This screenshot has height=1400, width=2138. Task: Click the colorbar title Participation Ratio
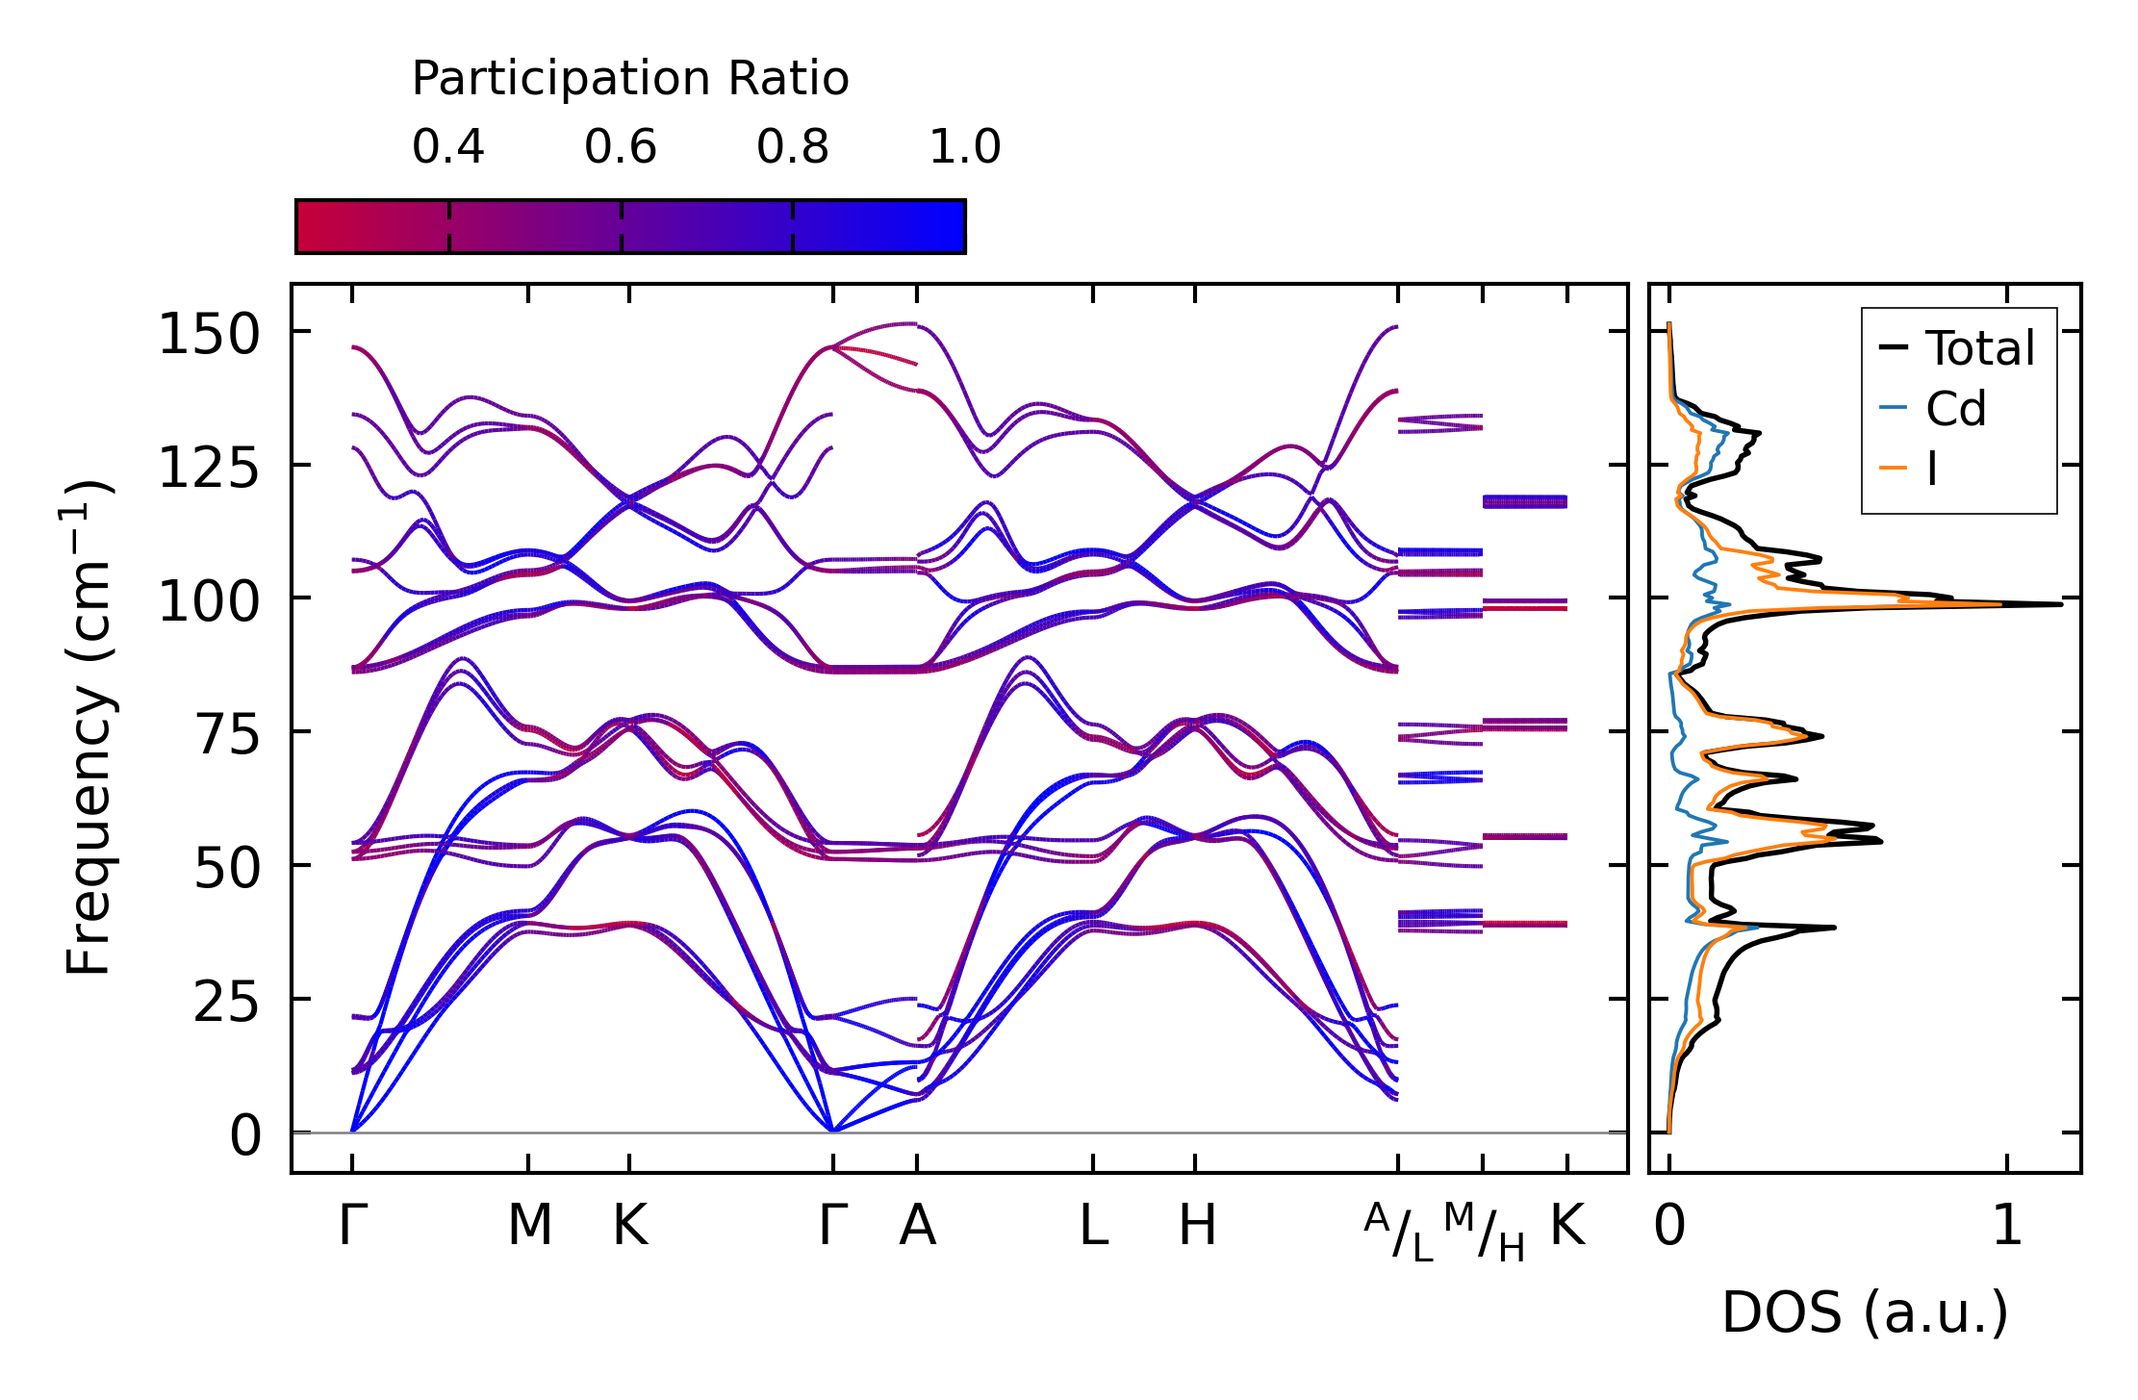630,79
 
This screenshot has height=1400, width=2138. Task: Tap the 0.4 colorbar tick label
448,147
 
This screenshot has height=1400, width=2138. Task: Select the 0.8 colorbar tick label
793,147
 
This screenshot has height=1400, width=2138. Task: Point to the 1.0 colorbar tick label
965,147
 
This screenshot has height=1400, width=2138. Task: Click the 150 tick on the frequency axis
209,336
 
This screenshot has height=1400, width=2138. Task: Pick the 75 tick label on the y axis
227,736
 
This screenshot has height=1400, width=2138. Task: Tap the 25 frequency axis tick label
227,1004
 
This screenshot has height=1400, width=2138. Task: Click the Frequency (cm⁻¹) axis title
89,728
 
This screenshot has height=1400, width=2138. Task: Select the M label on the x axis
529,1226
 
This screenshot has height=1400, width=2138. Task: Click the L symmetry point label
1093,1226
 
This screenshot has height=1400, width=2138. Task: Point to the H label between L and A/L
1197,1226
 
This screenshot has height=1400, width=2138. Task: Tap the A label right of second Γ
917,1226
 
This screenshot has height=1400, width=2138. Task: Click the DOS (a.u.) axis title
1865,1312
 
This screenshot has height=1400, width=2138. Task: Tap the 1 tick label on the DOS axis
2007,1226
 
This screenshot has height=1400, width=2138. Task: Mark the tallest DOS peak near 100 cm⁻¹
2060,603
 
